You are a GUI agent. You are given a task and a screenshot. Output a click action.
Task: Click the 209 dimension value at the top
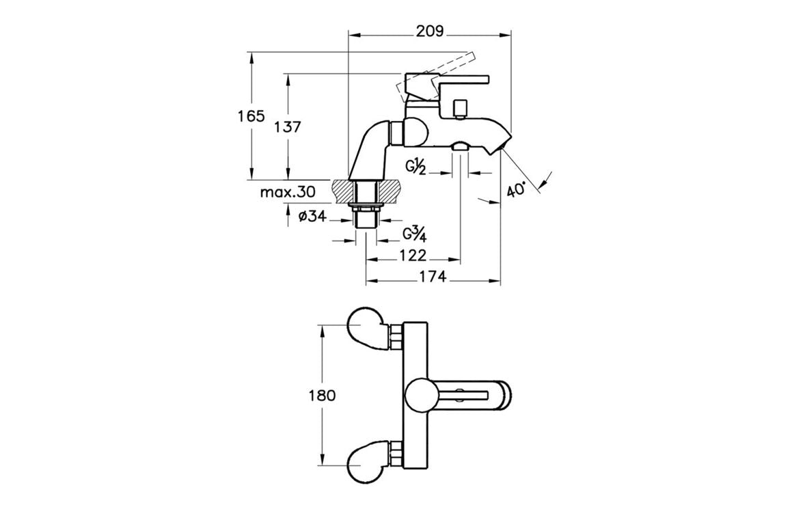[430, 31]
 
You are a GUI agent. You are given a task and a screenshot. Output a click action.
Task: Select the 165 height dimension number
[251, 116]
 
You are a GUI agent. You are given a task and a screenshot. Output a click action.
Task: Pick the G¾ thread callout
[414, 234]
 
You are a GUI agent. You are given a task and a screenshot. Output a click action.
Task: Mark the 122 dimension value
[412, 256]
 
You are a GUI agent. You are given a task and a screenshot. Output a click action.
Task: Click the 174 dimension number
[432, 276]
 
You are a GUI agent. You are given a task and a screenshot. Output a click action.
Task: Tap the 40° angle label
[517, 189]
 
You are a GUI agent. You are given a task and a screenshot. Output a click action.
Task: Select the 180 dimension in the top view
[322, 395]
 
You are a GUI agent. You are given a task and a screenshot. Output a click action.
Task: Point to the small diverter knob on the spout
[459, 109]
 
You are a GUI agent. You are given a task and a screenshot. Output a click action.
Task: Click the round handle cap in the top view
[419, 396]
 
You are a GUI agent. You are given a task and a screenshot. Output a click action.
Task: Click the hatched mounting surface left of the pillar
[341, 191]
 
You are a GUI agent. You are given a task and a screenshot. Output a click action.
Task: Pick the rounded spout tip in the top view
[506, 396]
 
